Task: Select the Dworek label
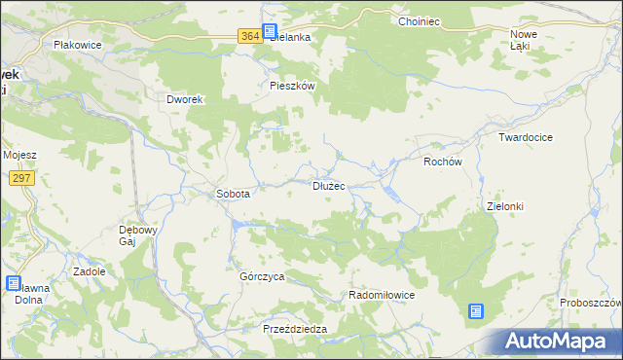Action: click(183, 99)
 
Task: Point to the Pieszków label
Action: click(292, 86)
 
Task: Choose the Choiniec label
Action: click(421, 20)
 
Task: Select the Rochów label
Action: click(442, 162)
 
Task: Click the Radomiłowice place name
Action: click(383, 295)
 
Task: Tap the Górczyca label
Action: click(262, 276)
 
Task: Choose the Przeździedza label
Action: click(295, 330)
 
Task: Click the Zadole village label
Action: click(89, 272)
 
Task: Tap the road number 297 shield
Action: click(20, 178)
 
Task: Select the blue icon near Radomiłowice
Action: click(475, 311)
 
